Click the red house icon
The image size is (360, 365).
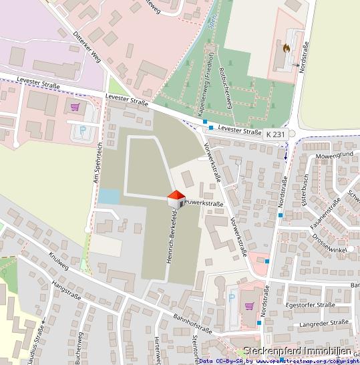coord(175,199)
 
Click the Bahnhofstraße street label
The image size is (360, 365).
coord(192,322)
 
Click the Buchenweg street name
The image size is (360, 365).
coord(78,348)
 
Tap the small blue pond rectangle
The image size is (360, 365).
coord(109,197)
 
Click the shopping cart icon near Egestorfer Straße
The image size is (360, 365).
coord(249,306)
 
